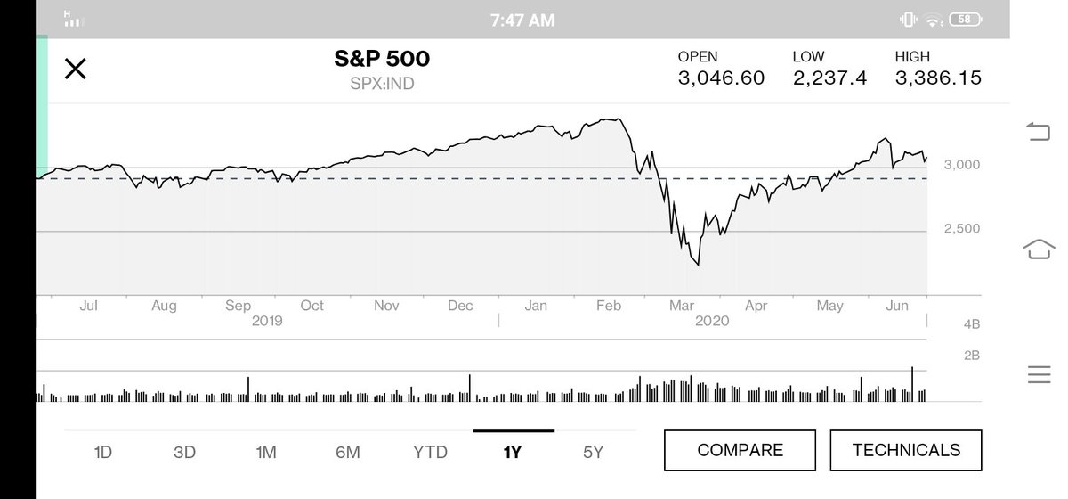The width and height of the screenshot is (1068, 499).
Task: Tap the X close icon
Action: click(x=76, y=69)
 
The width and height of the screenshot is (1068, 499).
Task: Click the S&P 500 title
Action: click(x=381, y=60)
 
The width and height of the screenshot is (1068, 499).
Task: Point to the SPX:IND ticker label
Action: click(x=381, y=85)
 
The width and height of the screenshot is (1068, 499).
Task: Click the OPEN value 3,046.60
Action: click(x=721, y=78)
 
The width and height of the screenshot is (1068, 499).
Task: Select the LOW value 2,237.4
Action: click(x=829, y=78)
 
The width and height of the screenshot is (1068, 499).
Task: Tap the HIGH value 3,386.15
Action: click(x=938, y=78)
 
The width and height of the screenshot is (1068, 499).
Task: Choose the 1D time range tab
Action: click(x=103, y=452)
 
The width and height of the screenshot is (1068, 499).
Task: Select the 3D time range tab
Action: click(x=184, y=452)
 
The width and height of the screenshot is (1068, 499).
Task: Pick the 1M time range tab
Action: click(x=266, y=452)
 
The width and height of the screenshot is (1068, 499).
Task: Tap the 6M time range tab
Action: click(x=348, y=452)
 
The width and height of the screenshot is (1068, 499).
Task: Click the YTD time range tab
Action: click(x=431, y=452)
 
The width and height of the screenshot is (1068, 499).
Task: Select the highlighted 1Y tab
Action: click(x=513, y=452)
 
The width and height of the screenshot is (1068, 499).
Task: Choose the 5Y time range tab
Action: click(x=594, y=452)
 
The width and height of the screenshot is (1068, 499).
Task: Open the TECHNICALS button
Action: click(x=906, y=450)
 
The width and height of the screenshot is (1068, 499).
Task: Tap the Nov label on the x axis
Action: click(x=385, y=306)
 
